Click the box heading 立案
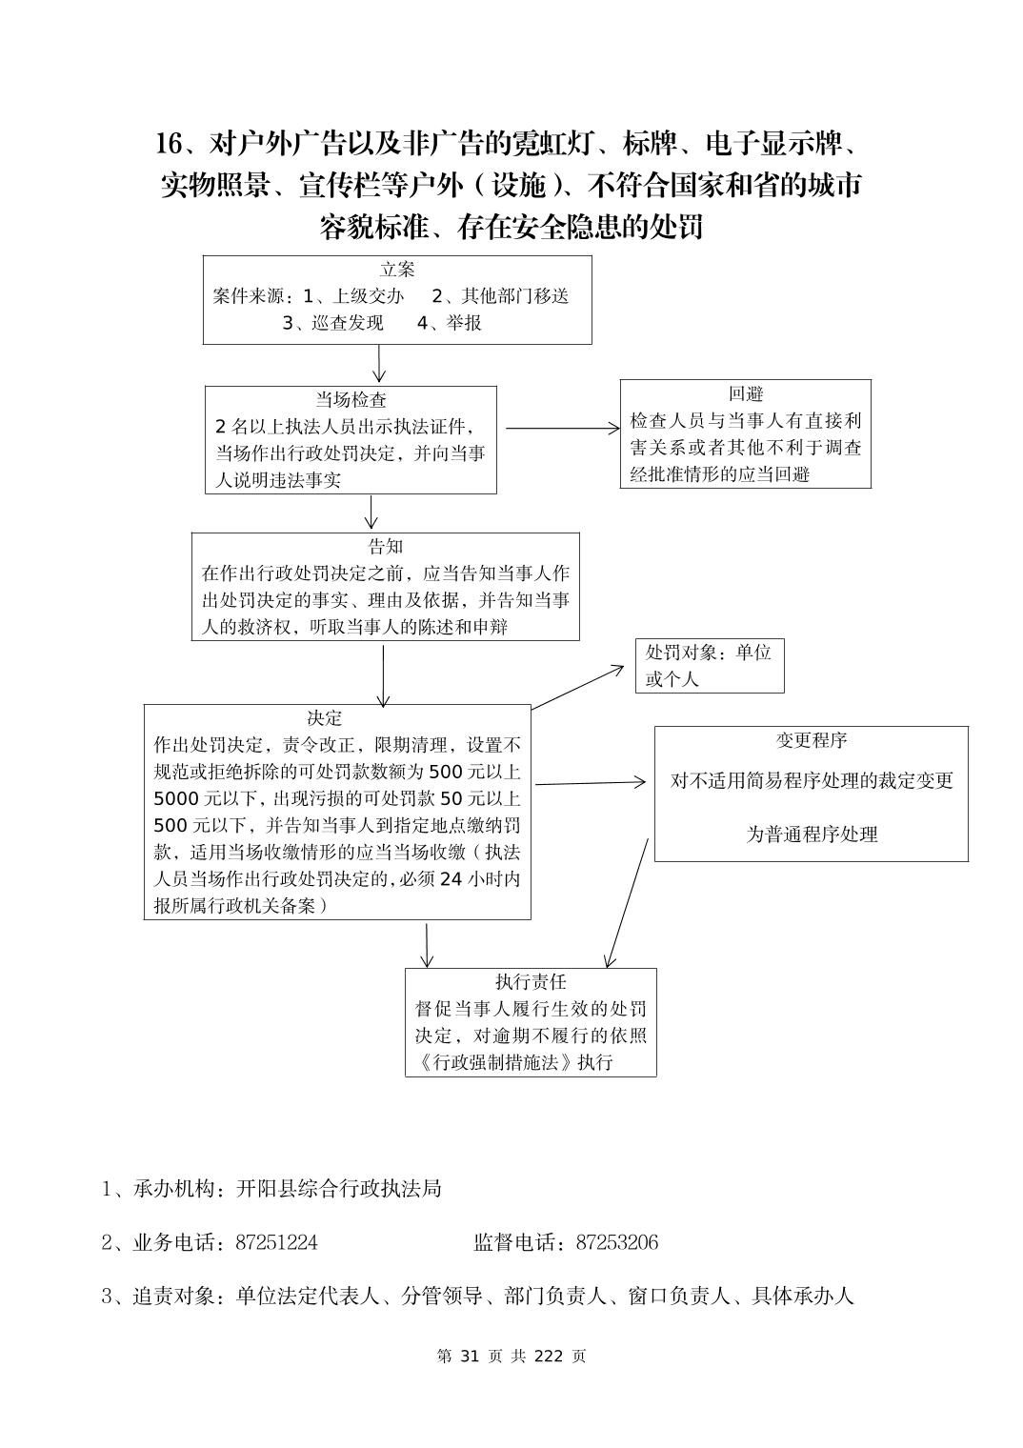(x=397, y=271)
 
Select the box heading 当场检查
(x=351, y=400)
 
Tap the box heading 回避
(x=746, y=393)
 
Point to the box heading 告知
(x=386, y=547)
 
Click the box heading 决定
(x=324, y=718)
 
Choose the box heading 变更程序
(x=812, y=740)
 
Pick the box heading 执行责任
(x=531, y=982)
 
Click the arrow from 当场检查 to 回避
(x=562, y=429)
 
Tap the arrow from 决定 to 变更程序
(x=591, y=783)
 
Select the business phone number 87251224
(x=276, y=1242)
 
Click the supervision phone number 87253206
(x=617, y=1242)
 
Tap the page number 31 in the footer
(x=468, y=1356)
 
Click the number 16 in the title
(x=169, y=144)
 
